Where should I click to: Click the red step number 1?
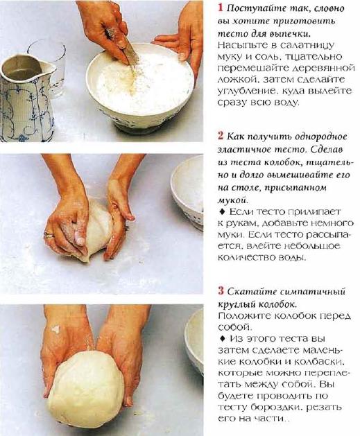(221, 8)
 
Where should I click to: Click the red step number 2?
(221, 136)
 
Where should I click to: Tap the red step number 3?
(221, 291)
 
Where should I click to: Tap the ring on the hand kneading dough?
(49, 235)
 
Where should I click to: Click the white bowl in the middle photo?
(187, 192)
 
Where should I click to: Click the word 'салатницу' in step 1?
(307, 45)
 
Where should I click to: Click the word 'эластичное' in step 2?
(243, 149)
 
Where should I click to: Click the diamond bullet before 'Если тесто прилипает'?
(222, 211)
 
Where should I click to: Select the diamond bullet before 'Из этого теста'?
(222, 338)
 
